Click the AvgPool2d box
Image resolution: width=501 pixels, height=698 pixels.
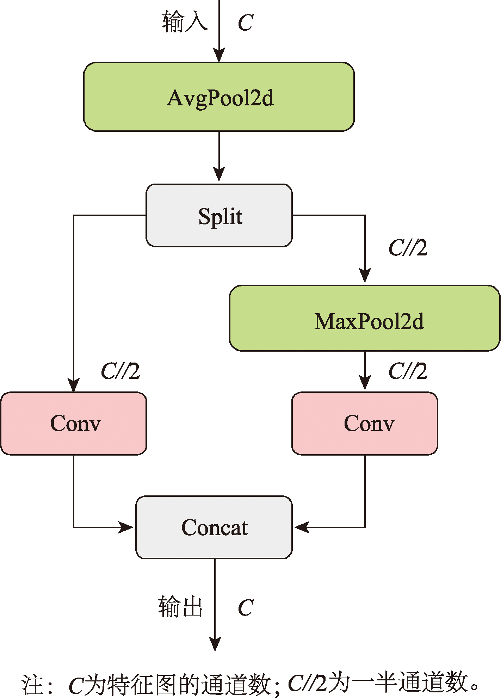pyautogui.click(x=219, y=97)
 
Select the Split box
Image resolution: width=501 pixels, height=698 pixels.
pyautogui.click(x=219, y=215)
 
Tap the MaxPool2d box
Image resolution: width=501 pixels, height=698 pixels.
pyautogui.click(x=365, y=318)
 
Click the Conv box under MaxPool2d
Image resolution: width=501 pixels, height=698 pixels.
pyautogui.click(x=365, y=423)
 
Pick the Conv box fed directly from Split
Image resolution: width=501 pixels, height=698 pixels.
pyautogui.click(x=73, y=423)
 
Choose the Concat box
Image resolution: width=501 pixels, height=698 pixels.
pyautogui.click(x=214, y=527)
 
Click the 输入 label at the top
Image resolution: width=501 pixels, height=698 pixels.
pyautogui.click(x=185, y=22)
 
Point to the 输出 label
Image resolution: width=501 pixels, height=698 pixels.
pyautogui.click(x=180, y=607)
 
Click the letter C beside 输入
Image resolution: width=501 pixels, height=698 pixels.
pyautogui.click(x=246, y=23)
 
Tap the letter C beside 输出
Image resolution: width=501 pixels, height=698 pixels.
pyautogui.click(x=246, y=608)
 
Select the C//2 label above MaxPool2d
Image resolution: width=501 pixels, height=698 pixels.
pyautogui.click(x=408, y=248)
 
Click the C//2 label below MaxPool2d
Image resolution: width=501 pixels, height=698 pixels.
pyautogui.click(x=408, y=371)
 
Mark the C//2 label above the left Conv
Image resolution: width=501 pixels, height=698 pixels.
pyautogui.click(x=120, y=371)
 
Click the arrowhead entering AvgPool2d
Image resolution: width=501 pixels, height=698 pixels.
pyautogui.click(x=219, y=56)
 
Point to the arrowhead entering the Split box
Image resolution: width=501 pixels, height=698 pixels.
pyautogui.click(x=219, y=175)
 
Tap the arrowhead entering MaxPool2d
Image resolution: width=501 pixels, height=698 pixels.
pyautogui.click(x=365, y=276)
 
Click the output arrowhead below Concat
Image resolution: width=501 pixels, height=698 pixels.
pyautogui.click(x=215, y=643)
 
